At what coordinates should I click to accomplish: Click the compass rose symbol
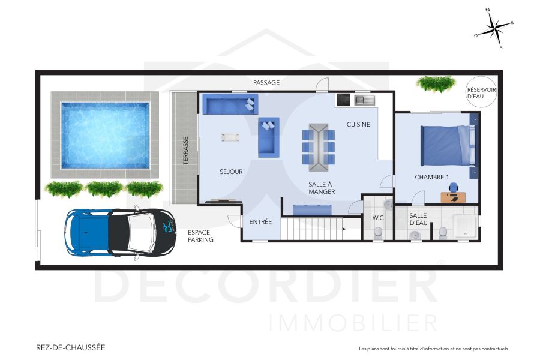pyautogui.click(x=494, y=28)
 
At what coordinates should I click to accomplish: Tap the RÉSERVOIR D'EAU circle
pyautogui.click(x=481, y=93)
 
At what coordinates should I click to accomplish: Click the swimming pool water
pyautogui.click(x=105, y=135)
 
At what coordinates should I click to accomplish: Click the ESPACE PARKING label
pyautogui.click(x=200, y=236)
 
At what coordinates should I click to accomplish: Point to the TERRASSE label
pyautogui.click(x=186, y=151)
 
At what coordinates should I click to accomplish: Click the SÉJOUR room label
pyautogui.click(x=231, y=172)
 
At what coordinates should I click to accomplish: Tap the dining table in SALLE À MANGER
pyautogui.click(x=318, y=144)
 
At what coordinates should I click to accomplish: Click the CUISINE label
pyautogui.click(x=358, y=124)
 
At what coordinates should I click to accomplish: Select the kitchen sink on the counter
pyautogui.click(x=364, y=100)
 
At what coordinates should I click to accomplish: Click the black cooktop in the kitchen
pyautogui.click(x=343, y=100)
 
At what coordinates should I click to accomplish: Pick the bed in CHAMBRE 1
pyautogui.click(x=447, y=145)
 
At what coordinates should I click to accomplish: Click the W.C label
pyautogui.click(x=378, y=217)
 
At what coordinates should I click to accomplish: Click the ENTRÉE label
pyautogui.click(x=260, y=222)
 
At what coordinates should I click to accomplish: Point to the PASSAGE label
pyautogui.click(x=266, y=83)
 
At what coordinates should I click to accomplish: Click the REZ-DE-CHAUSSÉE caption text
pyautogui.click(x=70, y=347)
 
